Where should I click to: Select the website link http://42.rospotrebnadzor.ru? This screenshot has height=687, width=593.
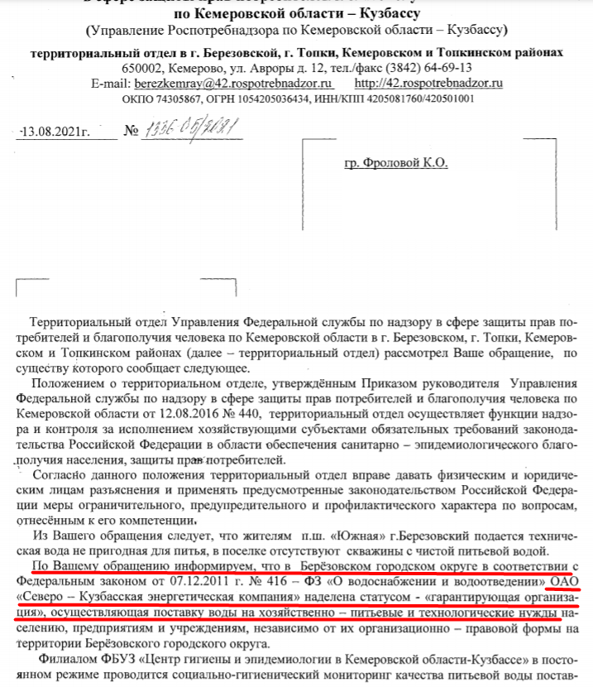coord(428,83)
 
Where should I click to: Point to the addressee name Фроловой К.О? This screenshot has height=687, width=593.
coord(395,163)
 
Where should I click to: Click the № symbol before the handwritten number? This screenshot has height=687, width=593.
coord(130,131)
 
